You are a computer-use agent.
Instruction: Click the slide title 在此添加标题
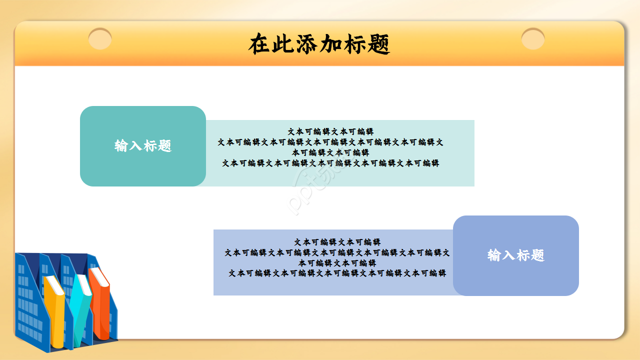pos(319,44)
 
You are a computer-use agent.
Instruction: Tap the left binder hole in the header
pos(100,39)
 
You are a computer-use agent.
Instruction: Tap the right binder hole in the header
pos(533,39)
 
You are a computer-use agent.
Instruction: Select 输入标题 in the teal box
pos(143,146)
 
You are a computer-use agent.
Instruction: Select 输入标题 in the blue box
pos(515,255)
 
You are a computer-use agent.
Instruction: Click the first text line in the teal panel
pos(330,131)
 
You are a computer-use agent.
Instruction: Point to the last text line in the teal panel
pos(330,163)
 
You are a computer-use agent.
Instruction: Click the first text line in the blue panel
pos(337,242)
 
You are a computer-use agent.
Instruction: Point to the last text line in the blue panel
pos(337,273)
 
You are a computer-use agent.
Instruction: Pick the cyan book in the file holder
pos(80,310)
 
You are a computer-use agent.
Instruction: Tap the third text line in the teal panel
pos(330,152)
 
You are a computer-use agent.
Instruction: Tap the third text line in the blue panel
pos(337,263)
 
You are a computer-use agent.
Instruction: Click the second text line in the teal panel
pos(330,142)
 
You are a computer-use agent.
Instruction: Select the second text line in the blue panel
pos(337,252)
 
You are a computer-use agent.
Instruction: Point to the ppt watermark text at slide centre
pos(315,190)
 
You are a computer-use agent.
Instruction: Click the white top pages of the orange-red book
pos(100,276)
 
